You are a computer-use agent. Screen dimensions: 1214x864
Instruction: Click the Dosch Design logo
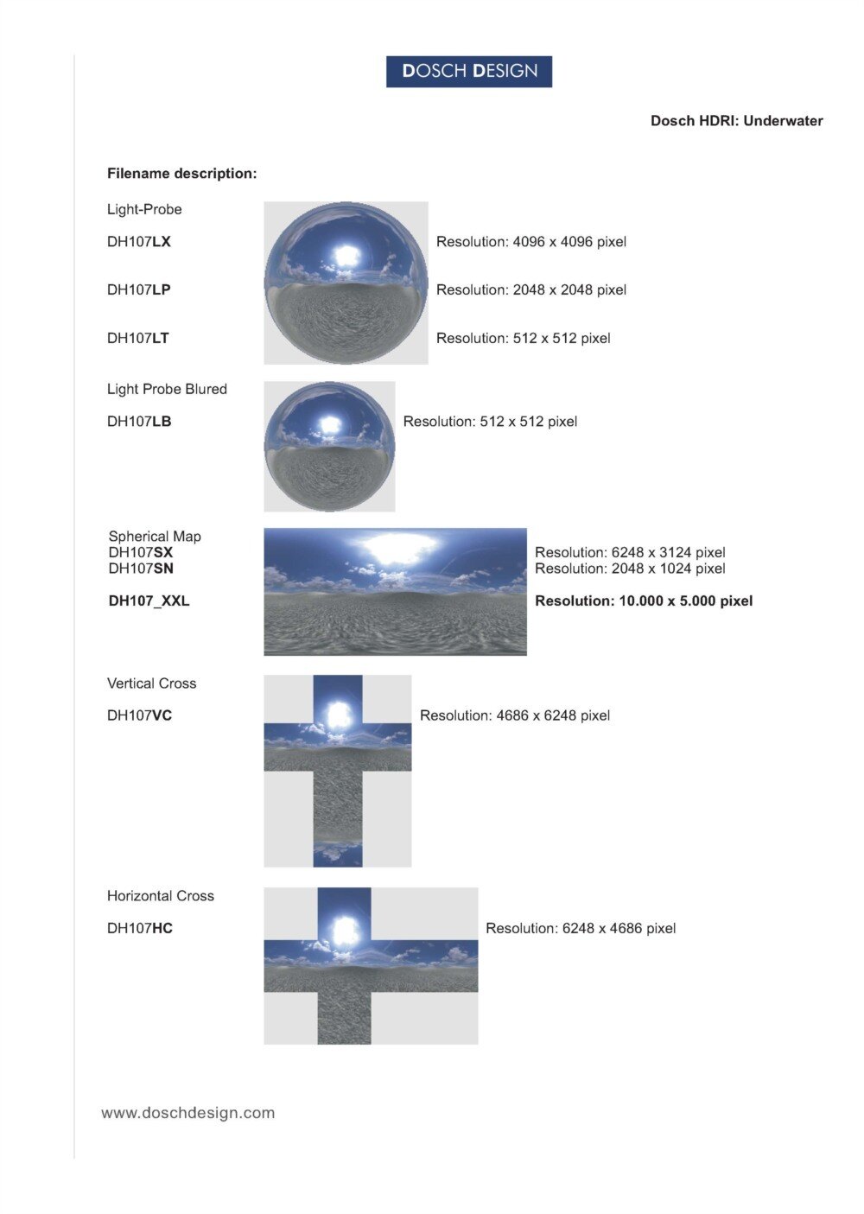(469, 72)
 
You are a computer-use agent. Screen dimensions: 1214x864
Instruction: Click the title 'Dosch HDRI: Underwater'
(736, 121)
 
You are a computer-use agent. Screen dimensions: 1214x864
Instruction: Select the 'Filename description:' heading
(181, 174)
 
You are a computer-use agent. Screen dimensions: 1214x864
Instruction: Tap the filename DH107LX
(139, 242)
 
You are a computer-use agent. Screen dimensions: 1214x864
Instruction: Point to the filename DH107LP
(139, 289)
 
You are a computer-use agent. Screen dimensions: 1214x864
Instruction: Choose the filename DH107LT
(138, 338)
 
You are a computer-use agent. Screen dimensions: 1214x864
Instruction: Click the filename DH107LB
(139, 422)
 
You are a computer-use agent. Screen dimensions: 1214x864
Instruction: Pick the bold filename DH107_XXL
(149, 601)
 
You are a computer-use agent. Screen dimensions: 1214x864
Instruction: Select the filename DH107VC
(139, 715)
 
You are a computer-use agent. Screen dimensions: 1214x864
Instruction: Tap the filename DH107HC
(140, 928)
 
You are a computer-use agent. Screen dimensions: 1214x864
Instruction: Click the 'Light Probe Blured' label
(167, 389)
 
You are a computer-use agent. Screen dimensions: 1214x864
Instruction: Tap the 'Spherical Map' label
(155, 537)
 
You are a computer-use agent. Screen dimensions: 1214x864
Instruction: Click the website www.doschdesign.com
(188, 1113)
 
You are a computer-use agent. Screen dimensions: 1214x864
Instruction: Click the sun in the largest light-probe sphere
(346, 256)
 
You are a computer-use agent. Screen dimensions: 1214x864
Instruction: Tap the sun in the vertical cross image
(338, 714)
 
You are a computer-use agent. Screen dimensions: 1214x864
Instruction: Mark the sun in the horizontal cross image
(345, 930)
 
